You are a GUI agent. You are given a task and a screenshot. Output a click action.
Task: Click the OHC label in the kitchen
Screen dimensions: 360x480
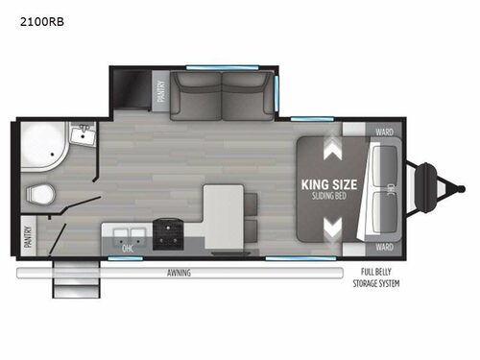point(127,247)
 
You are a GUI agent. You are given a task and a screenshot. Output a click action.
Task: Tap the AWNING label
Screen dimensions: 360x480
point(179,273)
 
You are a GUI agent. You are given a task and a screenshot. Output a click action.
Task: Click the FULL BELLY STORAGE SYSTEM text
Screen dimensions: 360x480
point(380,278)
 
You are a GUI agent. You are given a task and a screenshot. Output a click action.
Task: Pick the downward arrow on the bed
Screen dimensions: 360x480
point(333,228)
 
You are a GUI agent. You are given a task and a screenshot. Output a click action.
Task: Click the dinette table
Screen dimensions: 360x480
point(221,212)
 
